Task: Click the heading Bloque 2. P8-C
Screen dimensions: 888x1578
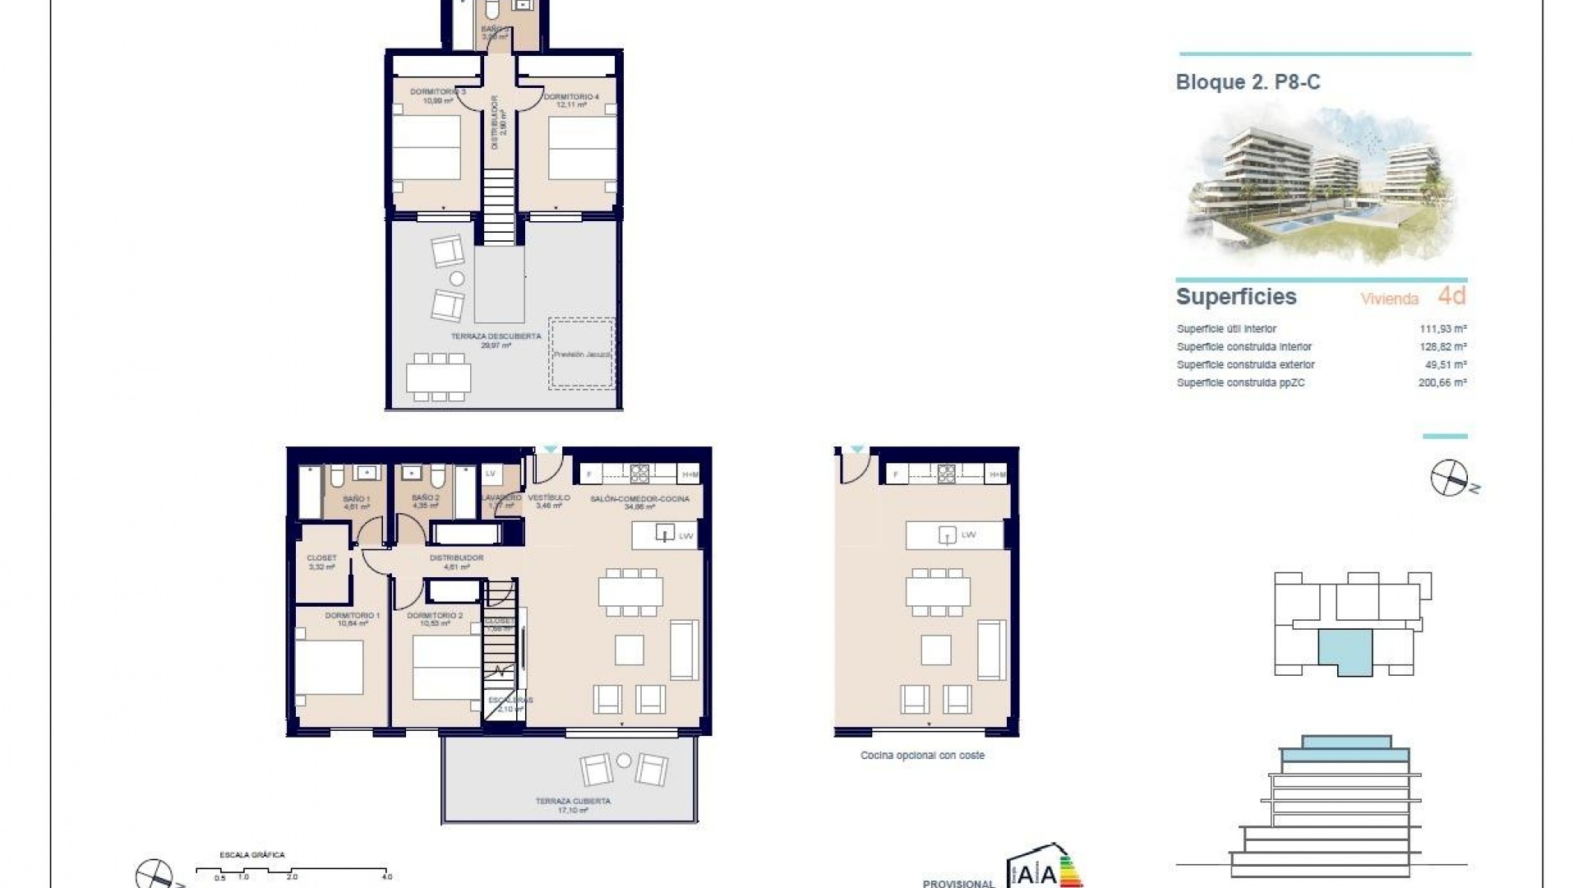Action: [1248, 82]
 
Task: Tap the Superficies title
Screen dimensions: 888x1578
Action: [1235, 297]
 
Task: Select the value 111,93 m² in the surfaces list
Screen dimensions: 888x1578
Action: [1443, 329]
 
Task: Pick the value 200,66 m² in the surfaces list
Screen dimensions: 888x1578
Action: [1442, 383]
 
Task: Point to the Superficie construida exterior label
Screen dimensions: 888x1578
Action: [1245, 365]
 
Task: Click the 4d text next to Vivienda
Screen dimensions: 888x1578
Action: [1452, 296]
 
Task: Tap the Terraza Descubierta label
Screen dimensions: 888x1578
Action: [496, 337]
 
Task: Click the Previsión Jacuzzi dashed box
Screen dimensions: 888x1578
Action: [582, 354]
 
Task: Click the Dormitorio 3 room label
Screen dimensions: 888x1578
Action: [437, 92]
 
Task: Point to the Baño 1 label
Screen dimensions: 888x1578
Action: [356, 499]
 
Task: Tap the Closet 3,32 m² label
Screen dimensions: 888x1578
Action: [321, 562]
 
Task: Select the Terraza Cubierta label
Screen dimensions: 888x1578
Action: [573, 802]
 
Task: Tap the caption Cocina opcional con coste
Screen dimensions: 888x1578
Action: [922, 756]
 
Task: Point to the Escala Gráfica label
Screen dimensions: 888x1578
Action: [252, 855]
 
